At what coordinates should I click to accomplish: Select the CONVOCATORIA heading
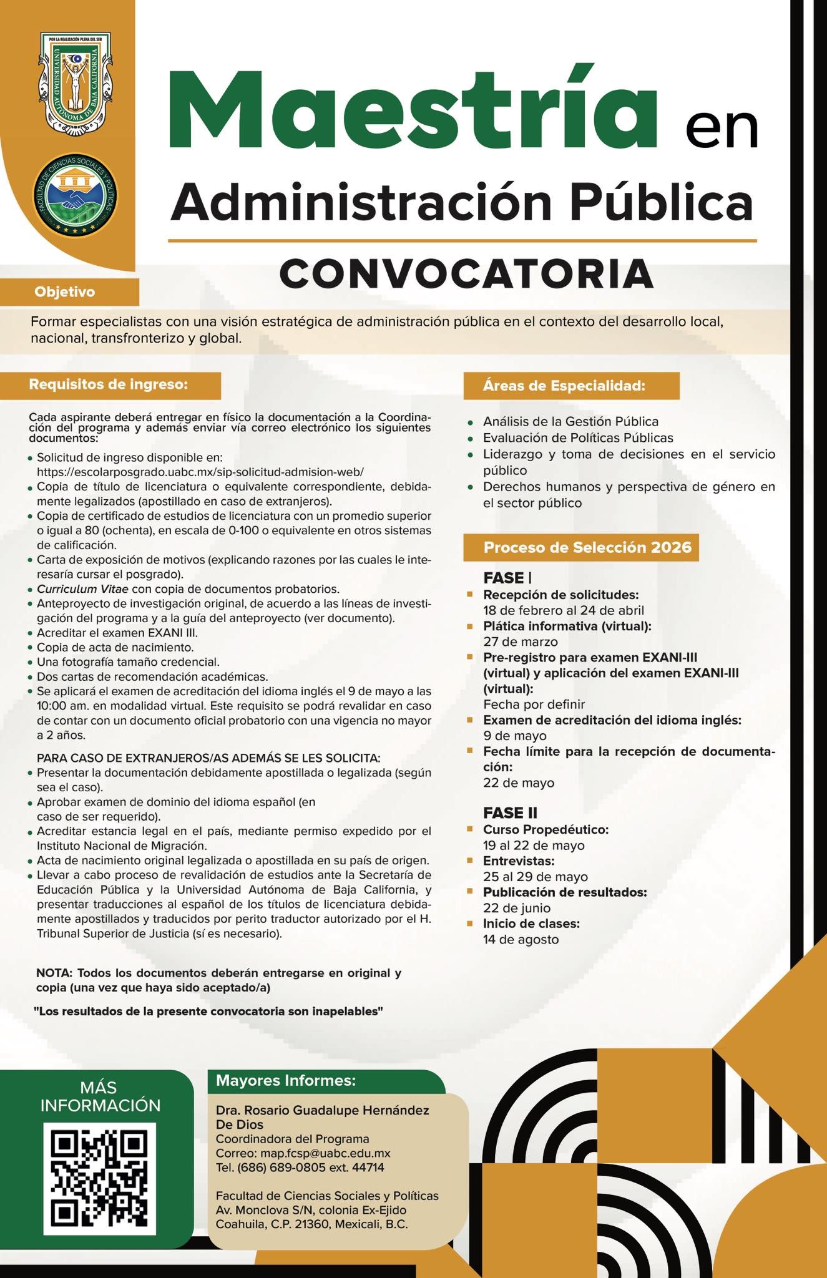point(466,274)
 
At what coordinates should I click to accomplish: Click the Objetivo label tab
point(65,292)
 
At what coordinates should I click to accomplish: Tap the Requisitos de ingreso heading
point(109,384)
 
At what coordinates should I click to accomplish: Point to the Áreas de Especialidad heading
point(564,386)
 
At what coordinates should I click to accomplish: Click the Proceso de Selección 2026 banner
point(587,547)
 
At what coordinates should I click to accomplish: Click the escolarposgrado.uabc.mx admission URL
point(200,472)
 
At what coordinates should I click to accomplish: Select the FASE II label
point(510,813)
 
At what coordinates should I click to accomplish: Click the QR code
point(99,1179)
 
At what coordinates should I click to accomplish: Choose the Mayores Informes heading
point(286,1080)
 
